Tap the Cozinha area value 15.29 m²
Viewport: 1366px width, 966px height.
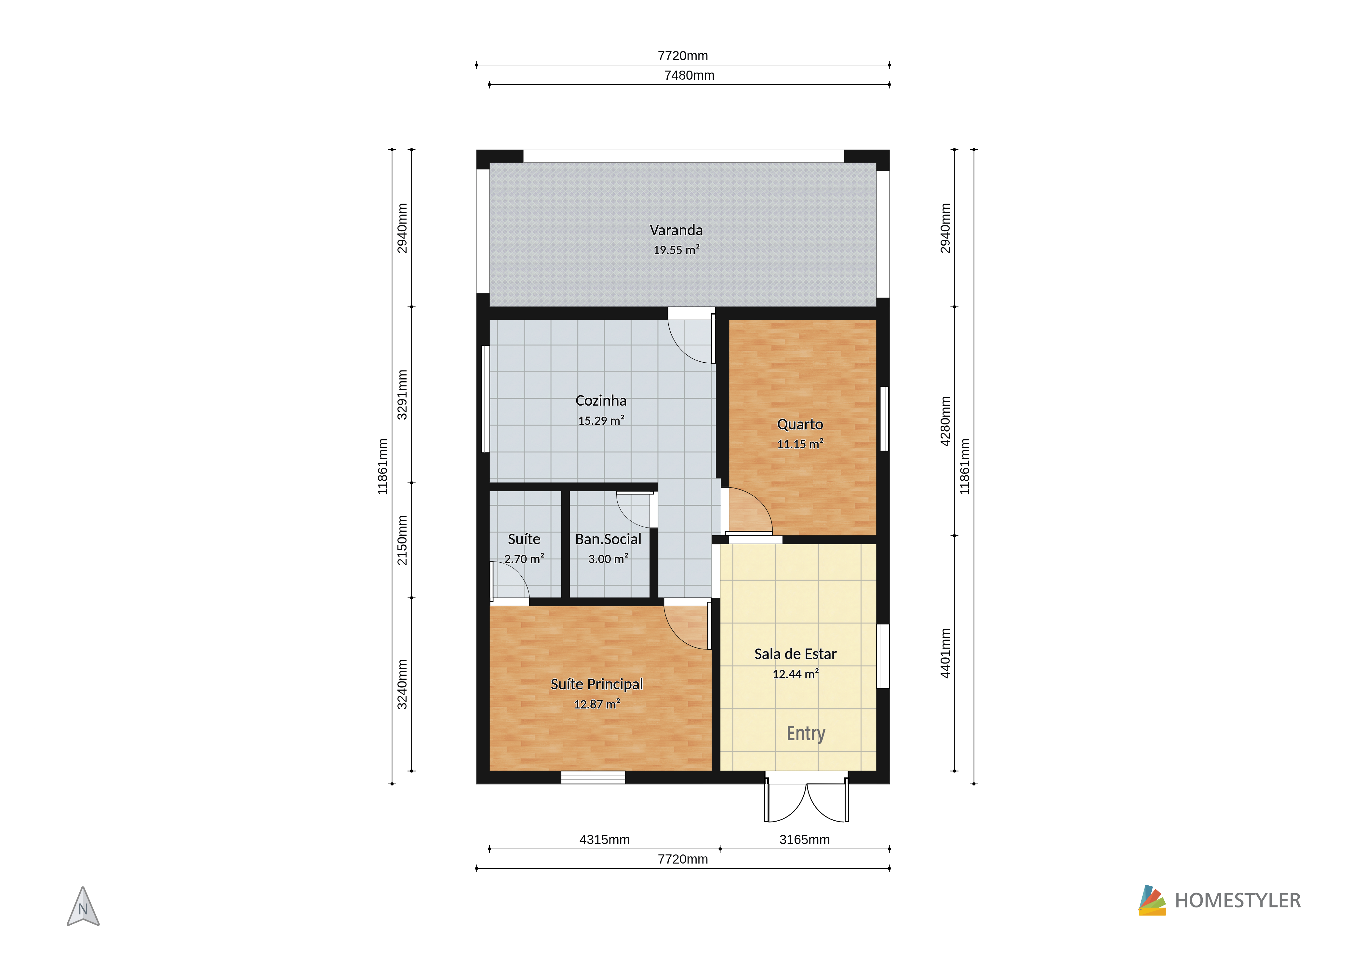[x=601, y=421]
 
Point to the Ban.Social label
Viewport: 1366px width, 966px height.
[x=608, y=539]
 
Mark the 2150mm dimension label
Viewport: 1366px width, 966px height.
[x=402, y=540]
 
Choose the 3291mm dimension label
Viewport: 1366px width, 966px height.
[x=402, y=395]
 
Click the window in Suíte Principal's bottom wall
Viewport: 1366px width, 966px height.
[x=593, y=777]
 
